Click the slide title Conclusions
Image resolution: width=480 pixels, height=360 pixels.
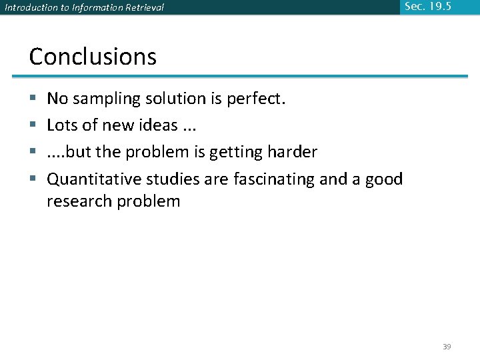(x=93, y=57)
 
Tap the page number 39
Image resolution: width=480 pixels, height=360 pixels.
(x=447, y=347)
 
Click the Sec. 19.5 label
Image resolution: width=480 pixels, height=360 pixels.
(x=427, y=7)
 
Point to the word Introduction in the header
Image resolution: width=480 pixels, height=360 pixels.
(x=28, y=8)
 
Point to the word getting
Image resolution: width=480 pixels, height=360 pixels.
(x=233, y=153)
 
